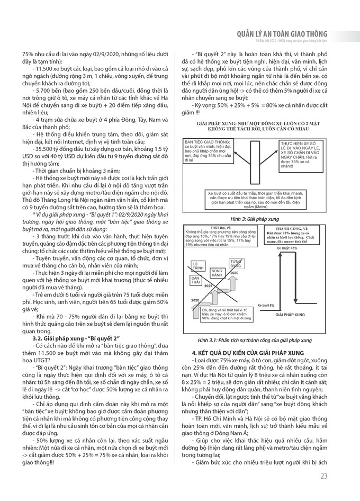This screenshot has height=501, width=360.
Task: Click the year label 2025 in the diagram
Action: (x=208, y=285)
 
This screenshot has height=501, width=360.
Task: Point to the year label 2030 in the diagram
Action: (x=233, y=272)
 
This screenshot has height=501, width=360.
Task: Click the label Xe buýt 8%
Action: (x=266, y=306)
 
